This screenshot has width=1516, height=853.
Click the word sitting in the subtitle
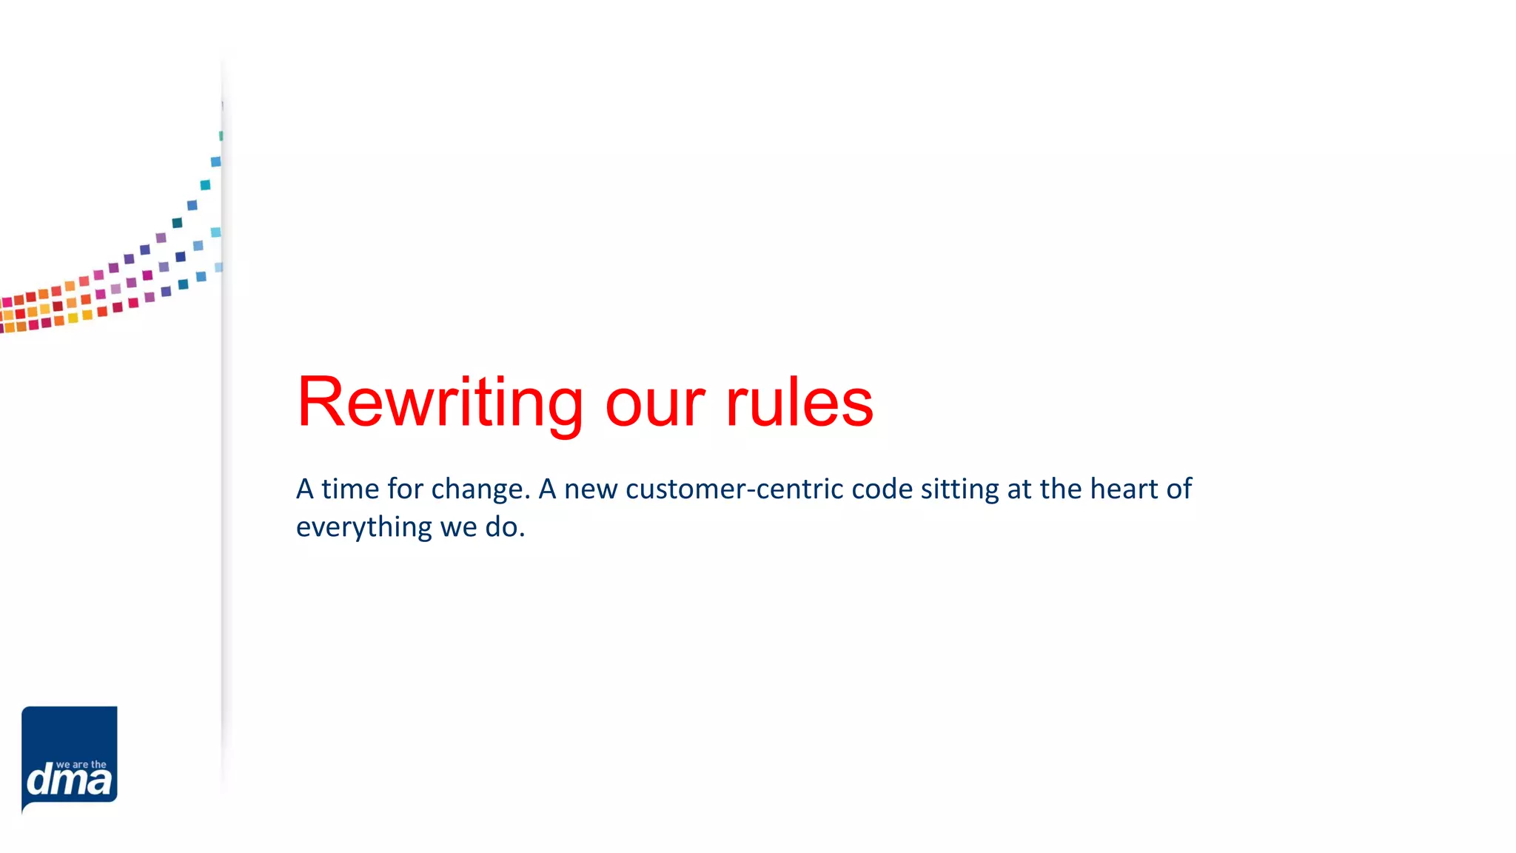pos(959,489)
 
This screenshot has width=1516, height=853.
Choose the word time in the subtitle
pos(350,489)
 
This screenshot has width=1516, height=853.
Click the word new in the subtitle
pos(591,489)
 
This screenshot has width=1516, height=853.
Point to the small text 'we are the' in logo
pos(81,765)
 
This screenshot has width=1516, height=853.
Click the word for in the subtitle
pos(405,489)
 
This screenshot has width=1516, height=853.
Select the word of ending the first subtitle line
pos(1179,489)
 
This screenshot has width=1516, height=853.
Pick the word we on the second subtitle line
pos(458,527)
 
